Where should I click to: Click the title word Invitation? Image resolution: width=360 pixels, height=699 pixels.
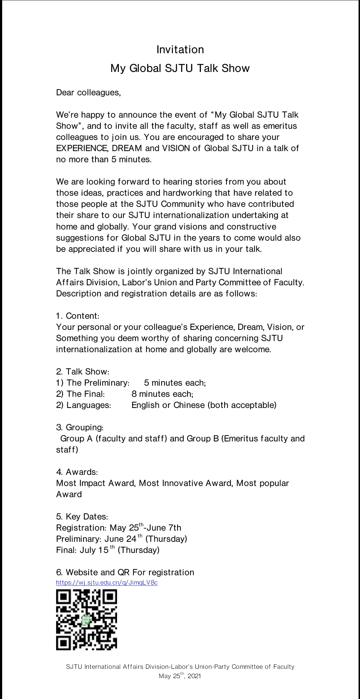[180, 50]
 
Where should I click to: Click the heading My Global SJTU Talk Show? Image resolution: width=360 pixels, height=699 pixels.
[180, 68]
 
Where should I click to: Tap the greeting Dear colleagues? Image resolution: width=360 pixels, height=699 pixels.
[89, 92]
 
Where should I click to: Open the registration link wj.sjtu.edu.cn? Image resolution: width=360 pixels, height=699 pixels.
[107, 582]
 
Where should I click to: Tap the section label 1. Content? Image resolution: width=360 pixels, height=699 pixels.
[78, 316]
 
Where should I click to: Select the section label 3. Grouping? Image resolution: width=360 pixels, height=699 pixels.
[80, 427]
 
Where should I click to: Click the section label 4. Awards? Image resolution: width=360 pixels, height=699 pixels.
[77, 472]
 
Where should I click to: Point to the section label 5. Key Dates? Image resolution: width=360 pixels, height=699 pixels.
[82, 517]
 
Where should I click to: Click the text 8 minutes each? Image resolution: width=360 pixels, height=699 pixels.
[162, 394]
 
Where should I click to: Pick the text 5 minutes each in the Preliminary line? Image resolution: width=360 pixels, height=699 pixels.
[175, 383]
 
